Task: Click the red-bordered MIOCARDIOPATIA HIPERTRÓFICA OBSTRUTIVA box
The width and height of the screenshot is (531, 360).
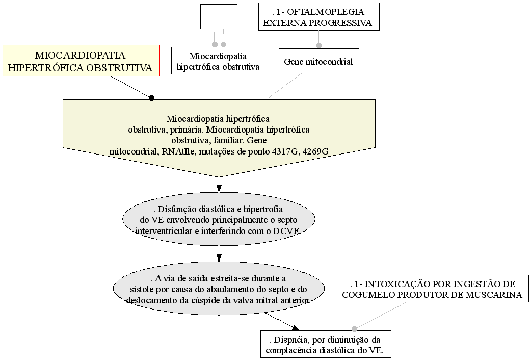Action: [81, 61]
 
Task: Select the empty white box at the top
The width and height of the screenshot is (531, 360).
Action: [219, 17]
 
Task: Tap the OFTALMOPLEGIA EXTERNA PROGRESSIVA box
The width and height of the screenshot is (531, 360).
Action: [318, 17]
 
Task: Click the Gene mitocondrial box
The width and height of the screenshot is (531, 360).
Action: [318, 61]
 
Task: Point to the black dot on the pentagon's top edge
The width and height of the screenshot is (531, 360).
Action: [152, 98]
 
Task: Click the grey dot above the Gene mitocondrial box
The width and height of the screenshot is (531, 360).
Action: [318, 45]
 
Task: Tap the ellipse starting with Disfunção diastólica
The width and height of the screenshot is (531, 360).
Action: [219, 219]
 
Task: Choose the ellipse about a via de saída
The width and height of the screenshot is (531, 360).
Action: [219, 289]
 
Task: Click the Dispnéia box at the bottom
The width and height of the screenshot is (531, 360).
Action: [326, 344]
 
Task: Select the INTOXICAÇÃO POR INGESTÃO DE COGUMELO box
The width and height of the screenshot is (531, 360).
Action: [433, 289]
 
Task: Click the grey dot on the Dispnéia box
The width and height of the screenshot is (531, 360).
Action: [354, 329]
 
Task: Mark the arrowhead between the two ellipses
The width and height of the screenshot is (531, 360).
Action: [219, 258]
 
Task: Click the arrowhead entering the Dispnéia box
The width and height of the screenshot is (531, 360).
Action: [296, 328]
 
